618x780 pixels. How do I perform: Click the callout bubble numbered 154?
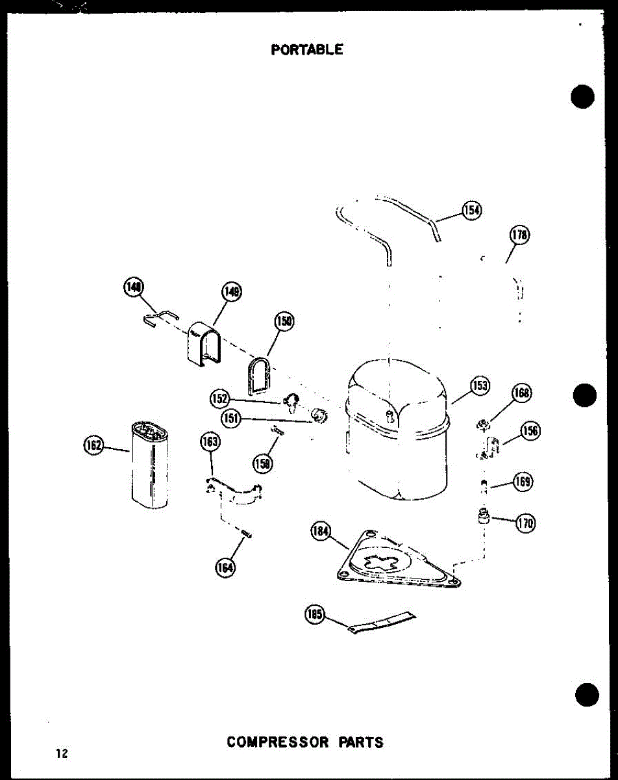(472, 209)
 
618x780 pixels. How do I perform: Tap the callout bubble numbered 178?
(520, 235)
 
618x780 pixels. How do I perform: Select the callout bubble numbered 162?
(95, 446)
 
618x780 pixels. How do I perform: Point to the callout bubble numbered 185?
(315, 614)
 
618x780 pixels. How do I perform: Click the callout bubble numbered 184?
(321, 532)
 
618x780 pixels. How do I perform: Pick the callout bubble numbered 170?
(525, 523)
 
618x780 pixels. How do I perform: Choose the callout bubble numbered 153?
(480, 385)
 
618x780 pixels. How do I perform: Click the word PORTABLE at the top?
(307, 49)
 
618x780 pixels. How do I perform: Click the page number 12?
(62, 753)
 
